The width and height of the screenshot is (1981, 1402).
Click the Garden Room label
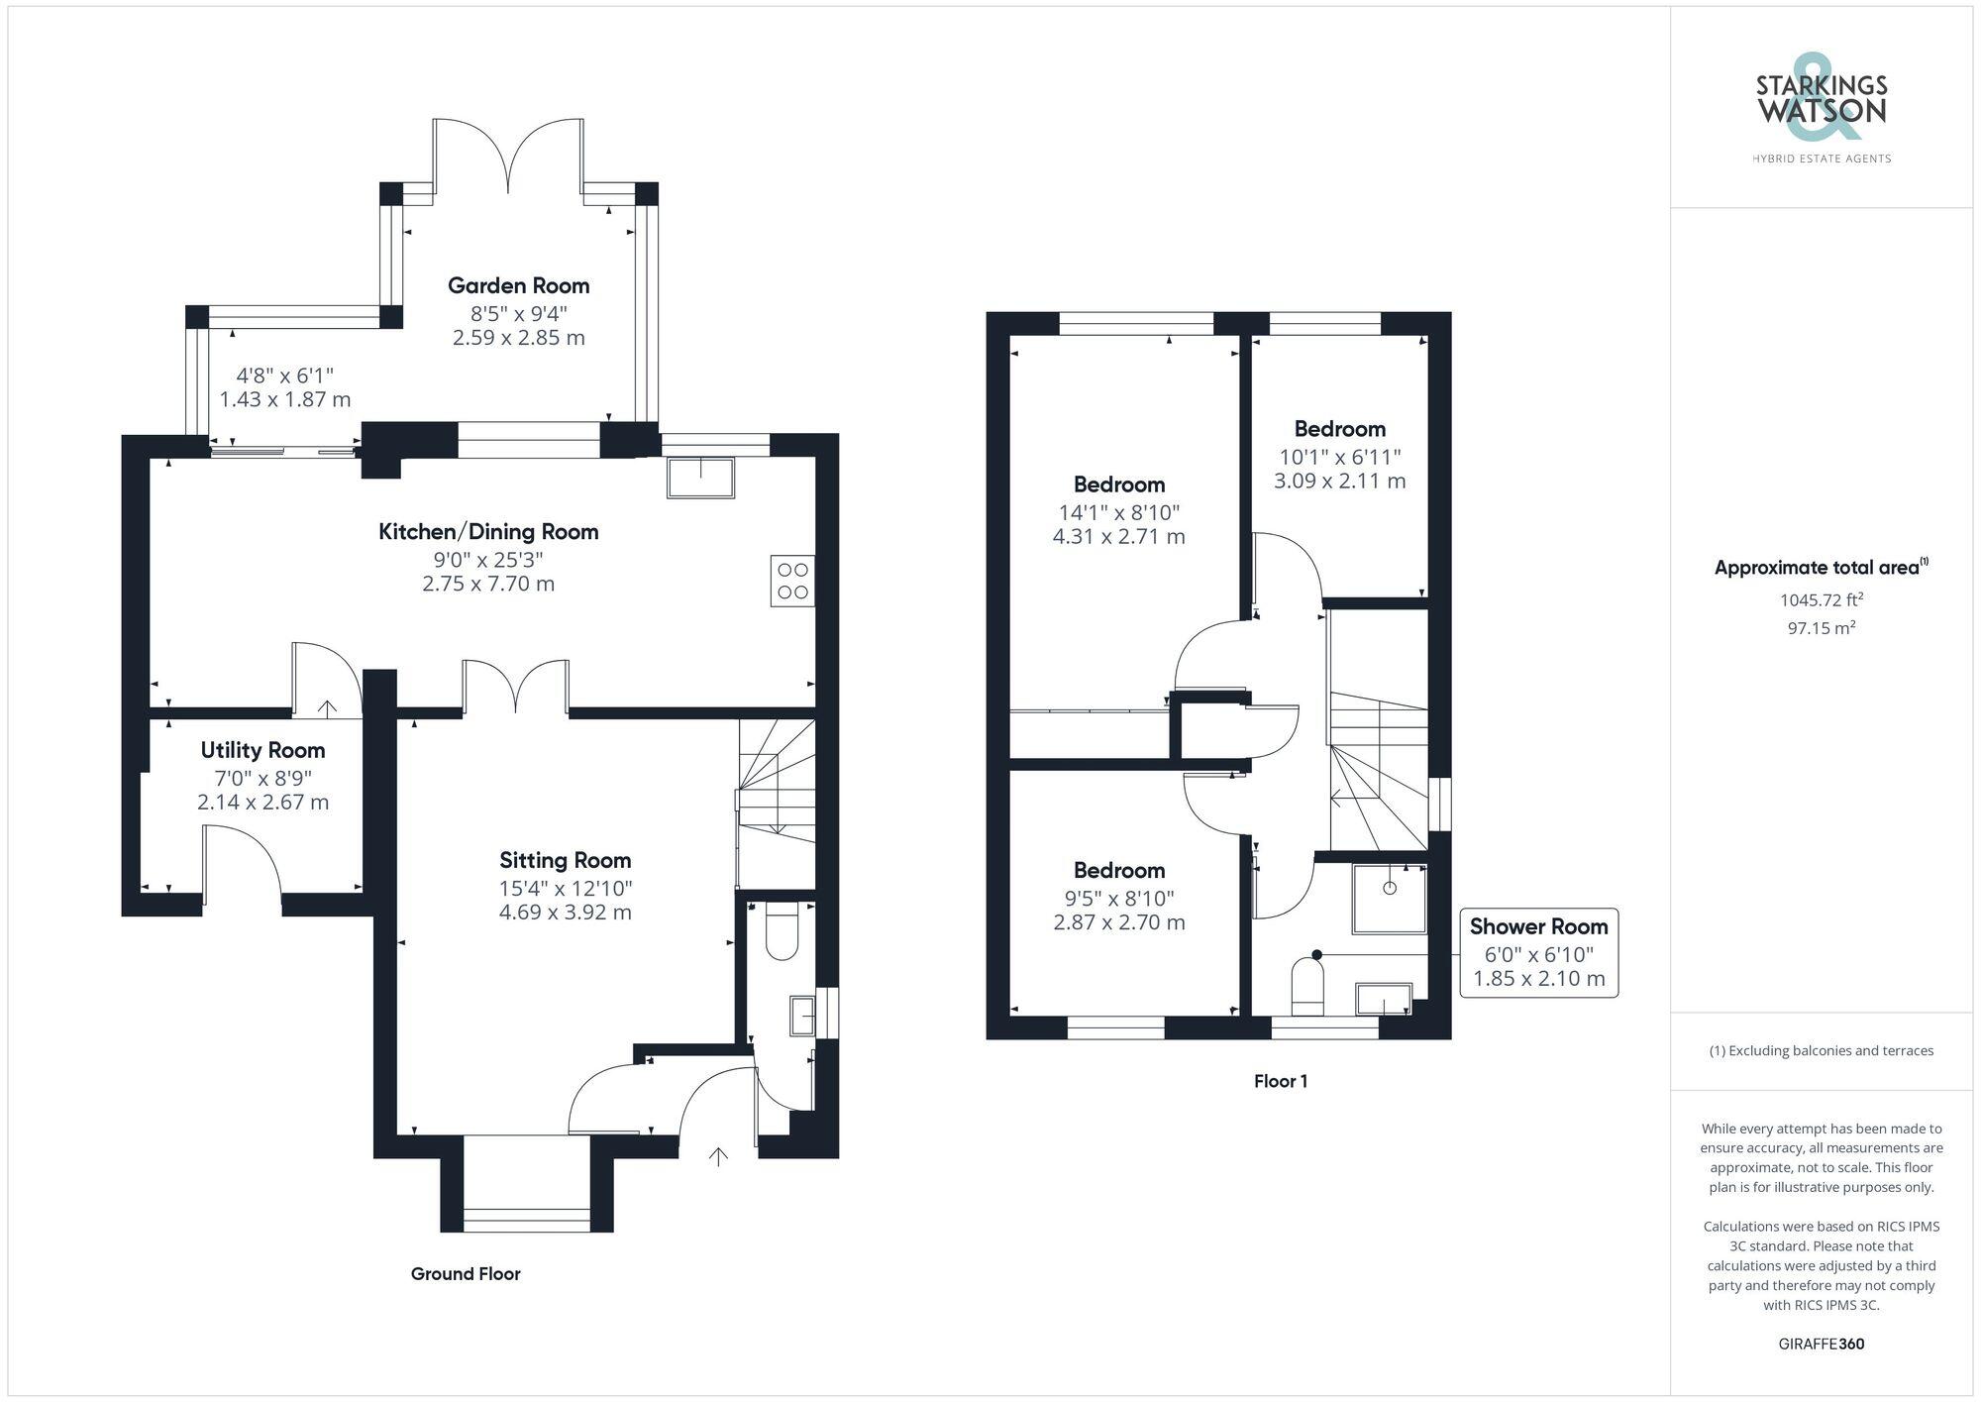click(x=518, y=285)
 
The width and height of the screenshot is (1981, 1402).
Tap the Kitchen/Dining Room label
click(x=488, y=531)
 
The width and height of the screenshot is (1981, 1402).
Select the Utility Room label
click(x=262, y=750)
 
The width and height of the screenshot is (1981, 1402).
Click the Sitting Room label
click(x=565, y=860)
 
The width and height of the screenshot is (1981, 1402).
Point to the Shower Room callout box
click(x=1538, y=952)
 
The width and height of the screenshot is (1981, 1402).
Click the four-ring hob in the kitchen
click(x=792, y=581)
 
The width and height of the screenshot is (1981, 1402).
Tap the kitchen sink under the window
click(x=700, y=478)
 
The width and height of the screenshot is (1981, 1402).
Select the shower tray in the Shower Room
click(x=1389, y=898)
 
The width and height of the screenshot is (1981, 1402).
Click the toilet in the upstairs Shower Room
click(x=1307, y=987)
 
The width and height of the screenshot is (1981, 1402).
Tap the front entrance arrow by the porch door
click(x=718, y=1155)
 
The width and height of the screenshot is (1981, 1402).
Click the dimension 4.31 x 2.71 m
click(x=1118, y=537)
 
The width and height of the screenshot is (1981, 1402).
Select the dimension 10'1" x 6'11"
click(x=1338, y=457)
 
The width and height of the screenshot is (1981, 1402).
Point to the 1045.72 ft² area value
click(x=1821, y=599)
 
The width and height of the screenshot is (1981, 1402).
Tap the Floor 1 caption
click(x=1280, y=1081)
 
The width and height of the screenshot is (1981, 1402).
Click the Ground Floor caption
click(x=466, y=1273)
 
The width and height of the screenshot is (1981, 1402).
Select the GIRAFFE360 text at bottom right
click(x=1821, y=1344)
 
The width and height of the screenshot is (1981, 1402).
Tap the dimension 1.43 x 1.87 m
click(x=285, y=399)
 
